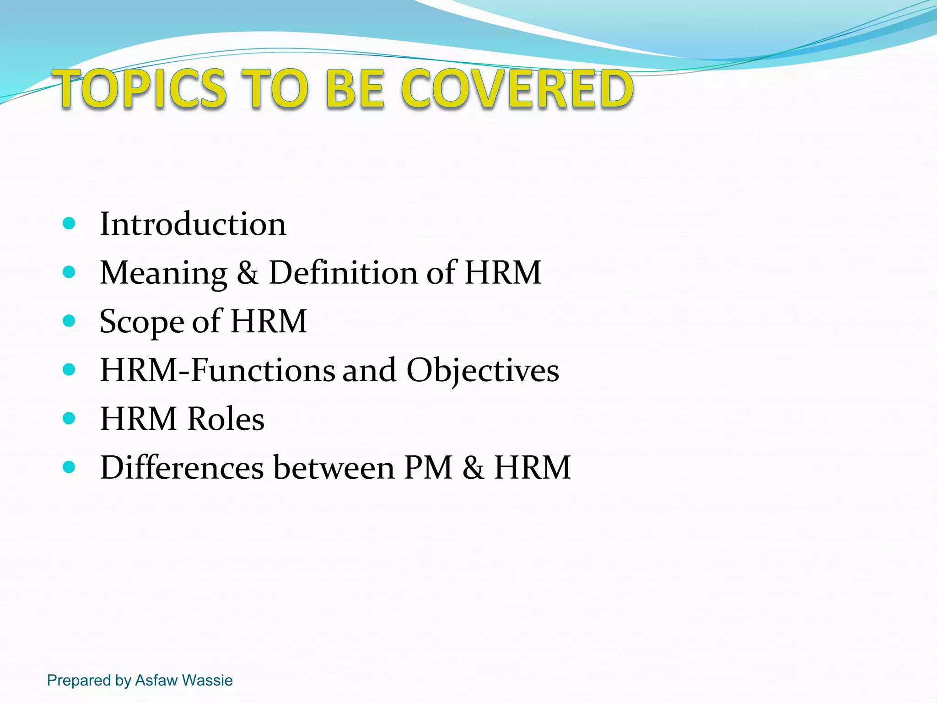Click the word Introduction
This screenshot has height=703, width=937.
193,224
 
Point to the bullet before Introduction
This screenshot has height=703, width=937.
69,224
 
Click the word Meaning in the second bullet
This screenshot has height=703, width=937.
163,273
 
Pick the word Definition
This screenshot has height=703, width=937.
343,273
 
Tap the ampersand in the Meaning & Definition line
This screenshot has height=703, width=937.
248,273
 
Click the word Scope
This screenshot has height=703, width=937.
141,322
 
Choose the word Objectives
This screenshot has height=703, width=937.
483,370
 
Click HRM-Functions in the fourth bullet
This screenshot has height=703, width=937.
218,370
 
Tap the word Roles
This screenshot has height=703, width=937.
226,419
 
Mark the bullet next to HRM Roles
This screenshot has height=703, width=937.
69,418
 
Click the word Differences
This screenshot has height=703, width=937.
182,468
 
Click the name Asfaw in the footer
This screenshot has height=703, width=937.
156,680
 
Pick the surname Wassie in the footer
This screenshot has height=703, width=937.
207,680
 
